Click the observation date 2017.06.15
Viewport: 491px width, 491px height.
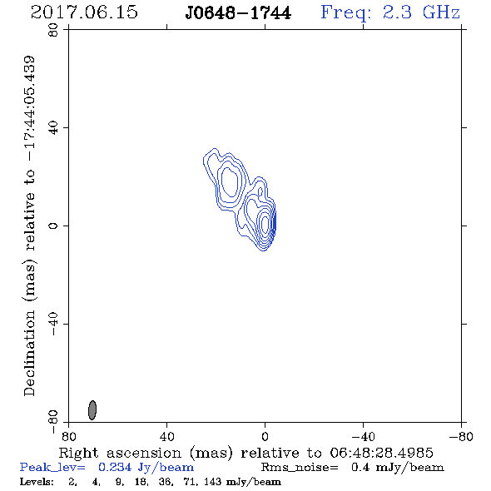tap(84, 12)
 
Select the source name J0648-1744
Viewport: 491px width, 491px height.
tap(238, 13)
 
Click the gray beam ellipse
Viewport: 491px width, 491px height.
tap(92, 410)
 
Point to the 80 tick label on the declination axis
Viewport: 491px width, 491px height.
tap(53, 30)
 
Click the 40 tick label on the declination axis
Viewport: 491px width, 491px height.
tap(53, 128)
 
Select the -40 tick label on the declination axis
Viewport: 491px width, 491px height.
tap(53, 324)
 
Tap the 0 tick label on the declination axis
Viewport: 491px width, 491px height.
tap(53, 226)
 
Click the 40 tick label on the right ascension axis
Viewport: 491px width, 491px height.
tap(166, 436)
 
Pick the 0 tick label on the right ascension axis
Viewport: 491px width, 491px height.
tap(265, 436)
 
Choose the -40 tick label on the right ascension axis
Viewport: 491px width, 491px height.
tap(363, 436)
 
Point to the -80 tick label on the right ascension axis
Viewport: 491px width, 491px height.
tap(461, 436)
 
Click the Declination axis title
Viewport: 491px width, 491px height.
tap(29, 226)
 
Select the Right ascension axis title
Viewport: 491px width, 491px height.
tap(245, 453)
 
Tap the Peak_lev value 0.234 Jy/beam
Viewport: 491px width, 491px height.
tap(146, 467)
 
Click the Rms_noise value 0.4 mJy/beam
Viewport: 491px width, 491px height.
tap(397, 467)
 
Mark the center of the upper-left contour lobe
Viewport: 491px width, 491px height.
tap(230, 182)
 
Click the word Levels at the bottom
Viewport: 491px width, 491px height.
tap(37, 481)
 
